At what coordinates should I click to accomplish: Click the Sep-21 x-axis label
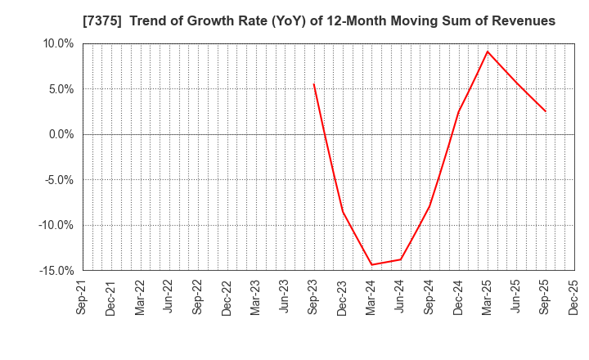click(x=82, y=299)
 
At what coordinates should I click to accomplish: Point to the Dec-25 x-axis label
click(x=573, y=299)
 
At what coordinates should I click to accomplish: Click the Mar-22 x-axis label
click(x=140, y=299)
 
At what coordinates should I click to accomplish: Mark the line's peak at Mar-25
click(x=487, y=52)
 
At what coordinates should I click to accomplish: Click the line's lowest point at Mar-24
click(x=371, y=264)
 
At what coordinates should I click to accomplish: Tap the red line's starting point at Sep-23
click(x=313, y=83)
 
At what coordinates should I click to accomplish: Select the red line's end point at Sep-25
click(x=545, y=111)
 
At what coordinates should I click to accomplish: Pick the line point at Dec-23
click(x=343, y=212)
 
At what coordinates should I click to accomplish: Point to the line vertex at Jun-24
click(x=400, y=259)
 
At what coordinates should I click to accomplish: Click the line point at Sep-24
click(x=429, y=205)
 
